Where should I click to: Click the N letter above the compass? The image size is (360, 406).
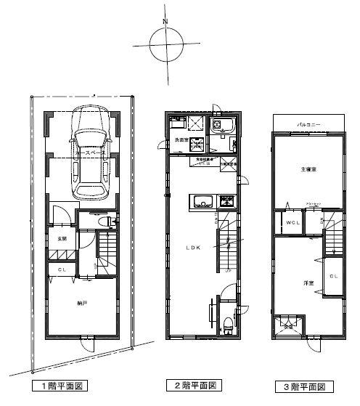click(165, 21)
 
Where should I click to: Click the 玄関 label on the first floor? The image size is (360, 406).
click(63, 238)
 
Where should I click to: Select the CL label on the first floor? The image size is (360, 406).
click(63, 270)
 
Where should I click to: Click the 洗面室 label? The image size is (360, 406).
click(180, 140)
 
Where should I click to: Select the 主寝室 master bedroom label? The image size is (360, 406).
click(308, 170)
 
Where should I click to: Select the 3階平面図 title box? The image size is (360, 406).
click(305, 386)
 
